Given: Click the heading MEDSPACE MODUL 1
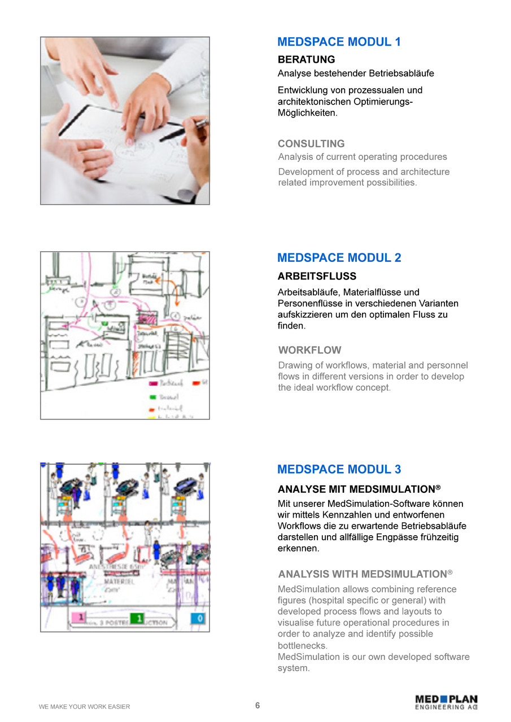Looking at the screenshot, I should (x=339, y=42).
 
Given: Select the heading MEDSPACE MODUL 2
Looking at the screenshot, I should (x=339, y=258).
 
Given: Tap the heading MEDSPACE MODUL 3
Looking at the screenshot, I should (x=339, y=470).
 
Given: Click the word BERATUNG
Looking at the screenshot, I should (x=306, y=59).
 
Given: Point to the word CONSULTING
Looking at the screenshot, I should (x=311, y=144).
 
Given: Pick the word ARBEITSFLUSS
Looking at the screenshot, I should (x=317, y=277).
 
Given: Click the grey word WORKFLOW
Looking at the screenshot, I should (x=310, y=350).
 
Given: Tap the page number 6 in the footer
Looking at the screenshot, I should (x=257, y=705).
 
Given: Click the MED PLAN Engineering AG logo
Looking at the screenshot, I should (x=446, y=702).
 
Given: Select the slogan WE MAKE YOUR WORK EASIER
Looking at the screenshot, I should (x=84, y=707).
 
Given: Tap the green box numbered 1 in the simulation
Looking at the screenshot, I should (x=137, y=618).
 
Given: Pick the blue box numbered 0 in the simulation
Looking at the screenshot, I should (x=197, y=618).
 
